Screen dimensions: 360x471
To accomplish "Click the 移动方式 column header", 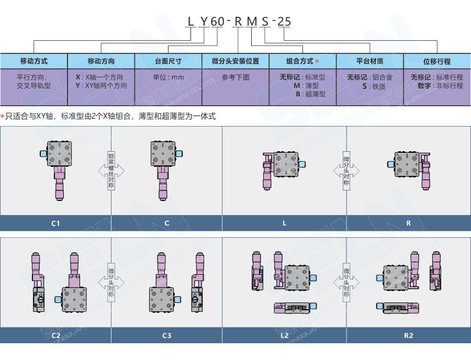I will point(33,61).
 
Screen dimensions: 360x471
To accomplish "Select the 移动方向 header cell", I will point(101,61).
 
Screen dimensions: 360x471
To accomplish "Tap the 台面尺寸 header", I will point(168,61).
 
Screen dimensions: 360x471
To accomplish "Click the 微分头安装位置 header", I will point(235,61).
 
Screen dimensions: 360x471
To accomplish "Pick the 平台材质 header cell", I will point(369,61).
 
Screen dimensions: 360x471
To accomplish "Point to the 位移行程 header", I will point(437,61).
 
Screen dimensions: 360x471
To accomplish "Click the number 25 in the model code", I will point(283,21).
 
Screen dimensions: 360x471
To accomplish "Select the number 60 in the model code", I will point(218,21).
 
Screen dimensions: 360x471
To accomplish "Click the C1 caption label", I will point(55,223).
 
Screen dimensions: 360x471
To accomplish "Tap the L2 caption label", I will point(285,335).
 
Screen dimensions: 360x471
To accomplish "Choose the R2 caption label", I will point(409,335).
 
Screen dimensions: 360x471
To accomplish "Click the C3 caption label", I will point(166,335).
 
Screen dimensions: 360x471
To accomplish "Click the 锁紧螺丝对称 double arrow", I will point(111,170).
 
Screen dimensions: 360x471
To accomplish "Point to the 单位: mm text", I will point(168,77).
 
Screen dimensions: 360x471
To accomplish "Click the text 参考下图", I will point(235,77).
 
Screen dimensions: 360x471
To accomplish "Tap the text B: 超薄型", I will point(310,94).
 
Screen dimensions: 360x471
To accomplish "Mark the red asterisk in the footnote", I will point(3,116).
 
